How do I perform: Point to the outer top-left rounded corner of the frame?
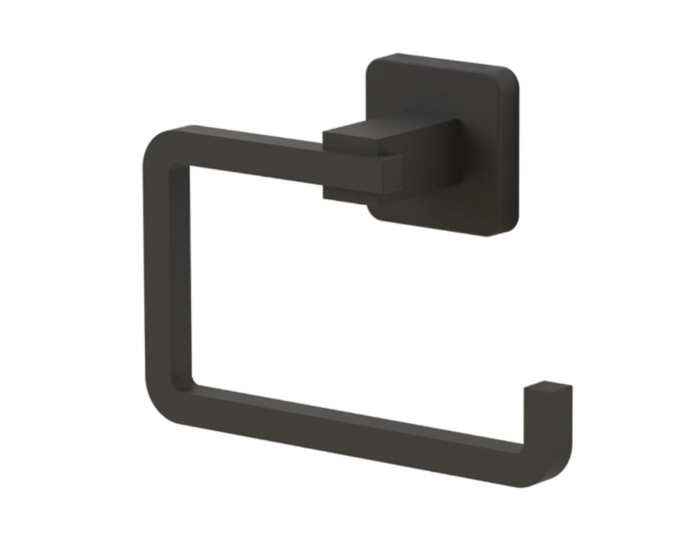[153, 138]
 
